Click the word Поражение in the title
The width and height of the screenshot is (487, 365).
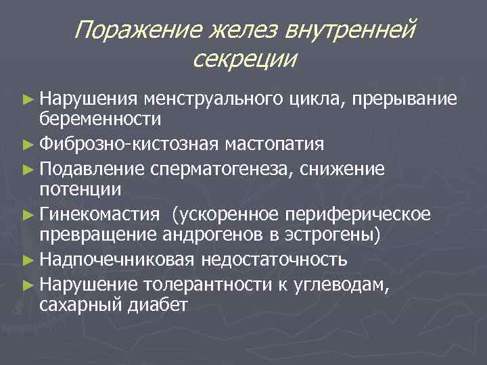(129, 30)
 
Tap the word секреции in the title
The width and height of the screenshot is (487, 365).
(244, 59)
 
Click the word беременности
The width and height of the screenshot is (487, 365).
(100, 120)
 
